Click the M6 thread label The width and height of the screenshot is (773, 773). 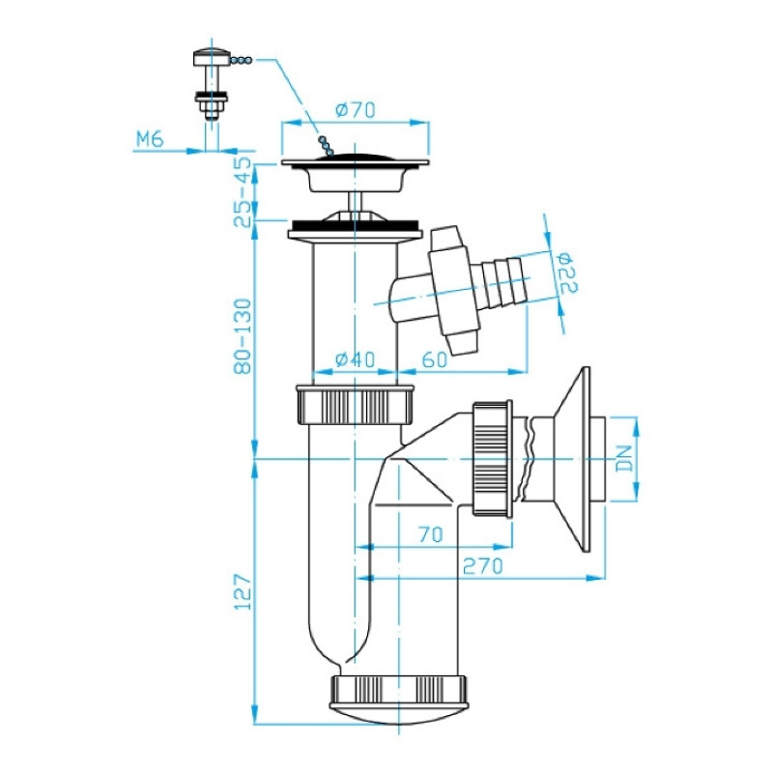click(x=150, y=139)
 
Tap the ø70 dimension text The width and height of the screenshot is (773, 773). click(x=356, y=109)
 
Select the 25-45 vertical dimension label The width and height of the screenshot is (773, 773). click(x=243, y=191)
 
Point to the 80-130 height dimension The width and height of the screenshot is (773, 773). click(x=243, y=336)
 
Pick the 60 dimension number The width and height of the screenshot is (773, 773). click(x=435, y=359)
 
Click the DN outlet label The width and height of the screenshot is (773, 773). click(x=624, y=458)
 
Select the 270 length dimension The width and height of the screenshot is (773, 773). click(x=482, y=566)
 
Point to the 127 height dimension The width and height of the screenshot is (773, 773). click(x=243, y=591)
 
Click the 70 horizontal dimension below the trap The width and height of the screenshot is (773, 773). click(x=430, y=534)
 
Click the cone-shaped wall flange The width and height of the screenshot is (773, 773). click(x=572, y=459)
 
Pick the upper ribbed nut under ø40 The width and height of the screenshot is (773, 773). click(x=355, y=404)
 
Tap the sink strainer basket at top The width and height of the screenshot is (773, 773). click(x=355, y=174)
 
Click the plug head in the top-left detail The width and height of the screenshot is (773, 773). click(x=212, y=57)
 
